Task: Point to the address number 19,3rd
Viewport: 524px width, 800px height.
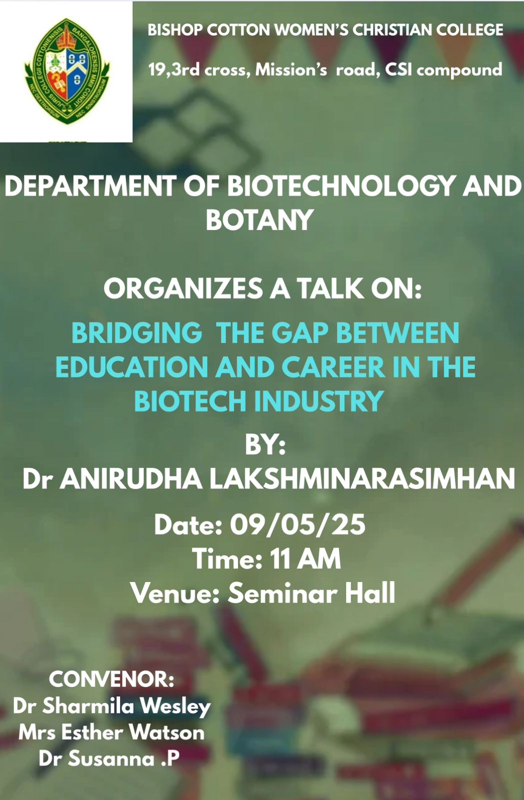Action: pos(174,70)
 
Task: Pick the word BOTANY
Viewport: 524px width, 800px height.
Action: pos(259,219)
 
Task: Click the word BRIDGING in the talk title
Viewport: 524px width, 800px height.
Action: pos(137,333)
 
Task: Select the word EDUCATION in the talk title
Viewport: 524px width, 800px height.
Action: pos(132,367)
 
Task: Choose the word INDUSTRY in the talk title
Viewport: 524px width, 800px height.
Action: pos(319,400)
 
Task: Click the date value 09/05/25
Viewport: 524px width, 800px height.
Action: pos(297,524)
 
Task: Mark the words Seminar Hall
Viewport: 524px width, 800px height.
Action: pos(311,592)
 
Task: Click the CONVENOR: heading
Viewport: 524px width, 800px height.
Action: pos(112,679)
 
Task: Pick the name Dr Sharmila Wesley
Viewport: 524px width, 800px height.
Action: pos(112,705)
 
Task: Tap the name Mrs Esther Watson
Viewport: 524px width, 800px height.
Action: pos(111,732)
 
